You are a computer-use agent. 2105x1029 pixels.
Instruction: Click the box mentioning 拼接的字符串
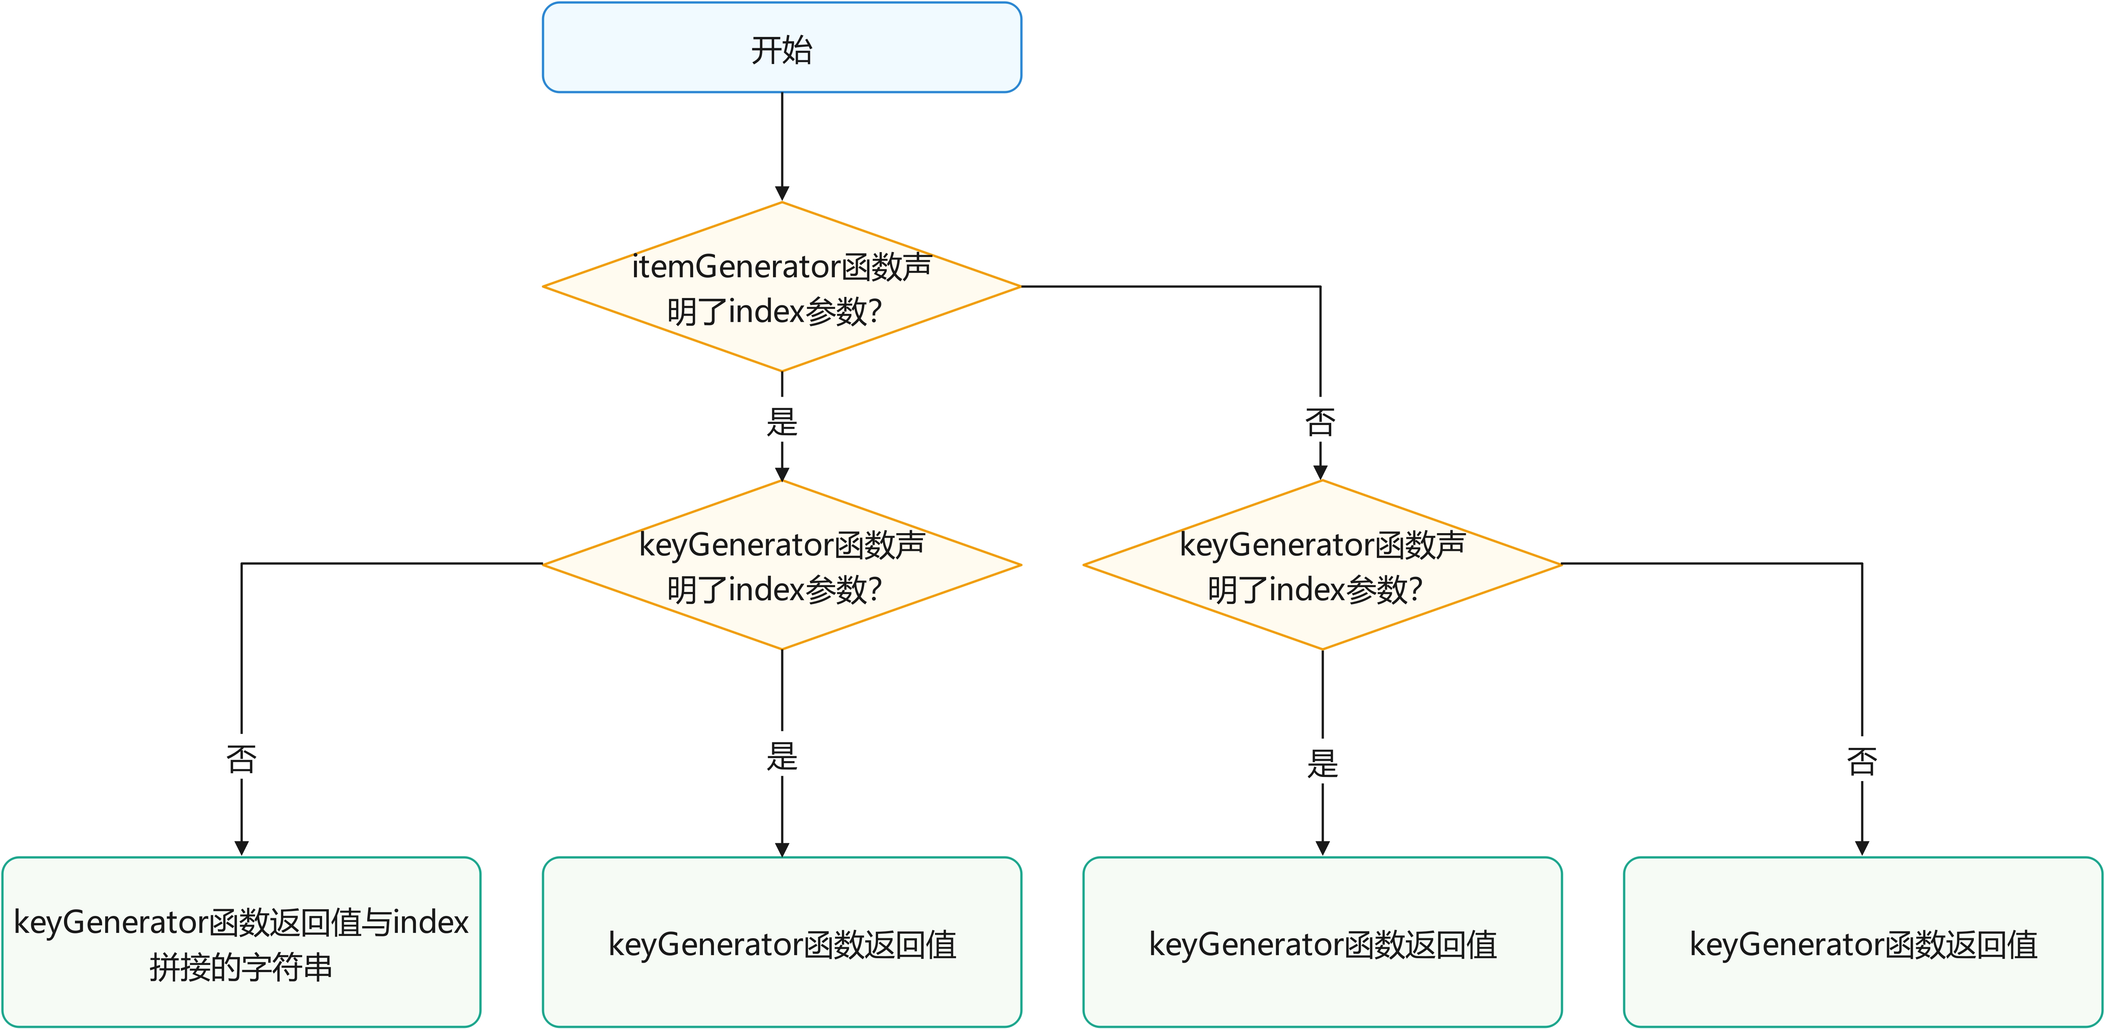coord(241,942)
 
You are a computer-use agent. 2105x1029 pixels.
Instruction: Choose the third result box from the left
coord(1321,942)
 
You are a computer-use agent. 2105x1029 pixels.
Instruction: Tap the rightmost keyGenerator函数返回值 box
coord(1862,942)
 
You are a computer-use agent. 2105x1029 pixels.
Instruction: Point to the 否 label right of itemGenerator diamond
coord(1320,422)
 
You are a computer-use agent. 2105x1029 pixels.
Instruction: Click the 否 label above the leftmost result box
coord(241,758)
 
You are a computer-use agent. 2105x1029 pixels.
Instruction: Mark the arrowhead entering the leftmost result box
coord(241,849)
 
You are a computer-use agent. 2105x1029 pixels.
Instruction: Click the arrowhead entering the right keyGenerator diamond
coord(1320,472)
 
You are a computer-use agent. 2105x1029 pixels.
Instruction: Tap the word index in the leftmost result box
coord(431,922)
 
